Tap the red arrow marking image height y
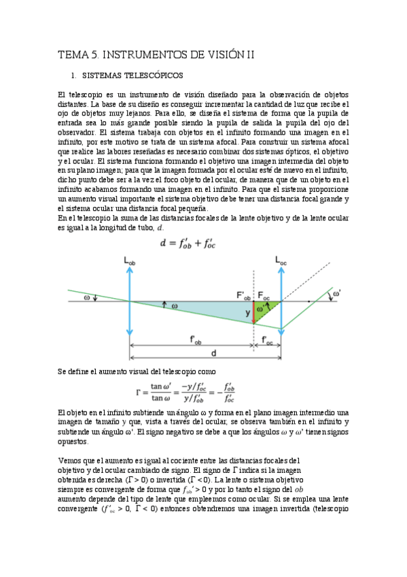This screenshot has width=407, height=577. click(254, 312)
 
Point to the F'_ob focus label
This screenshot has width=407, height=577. click(243, 295)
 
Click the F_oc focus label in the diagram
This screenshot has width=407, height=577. click(264, 295)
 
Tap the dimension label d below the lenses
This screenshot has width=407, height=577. click(213, 353)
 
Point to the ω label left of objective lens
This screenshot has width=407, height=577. click(86, 297)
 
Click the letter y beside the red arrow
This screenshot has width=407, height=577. click(248, 312)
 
